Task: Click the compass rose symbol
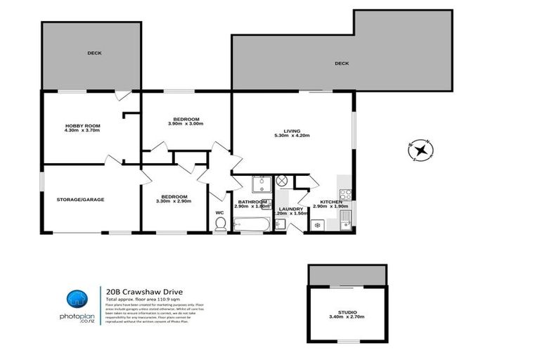420,150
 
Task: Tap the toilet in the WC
219,224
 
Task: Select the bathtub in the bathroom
252,224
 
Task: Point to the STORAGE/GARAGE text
80,199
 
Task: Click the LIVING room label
292,130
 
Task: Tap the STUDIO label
347,311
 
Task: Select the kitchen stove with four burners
345,195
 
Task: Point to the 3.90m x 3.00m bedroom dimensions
185,124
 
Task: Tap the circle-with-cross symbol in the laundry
282,181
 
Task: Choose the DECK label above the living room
342,63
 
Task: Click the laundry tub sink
280,224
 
